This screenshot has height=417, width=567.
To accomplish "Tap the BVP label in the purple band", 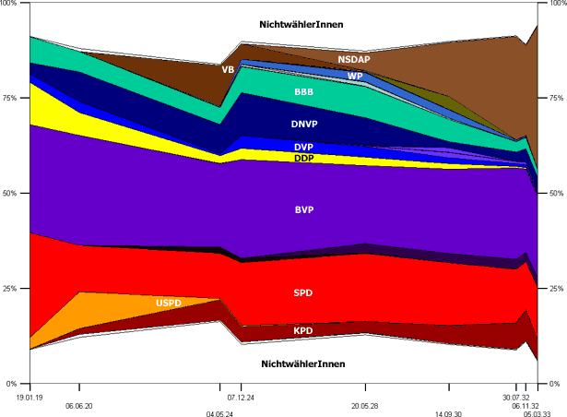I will pos(304,210).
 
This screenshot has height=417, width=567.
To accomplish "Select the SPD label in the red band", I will pos(303,293).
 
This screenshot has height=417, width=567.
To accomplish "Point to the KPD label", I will pos(303,330).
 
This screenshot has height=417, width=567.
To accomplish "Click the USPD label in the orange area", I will pos(169,303).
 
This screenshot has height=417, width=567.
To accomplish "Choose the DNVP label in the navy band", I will pos(303,123).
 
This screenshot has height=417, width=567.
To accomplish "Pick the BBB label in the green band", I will pos(303,92).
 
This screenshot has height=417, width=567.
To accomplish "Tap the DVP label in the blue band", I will pos(303,147).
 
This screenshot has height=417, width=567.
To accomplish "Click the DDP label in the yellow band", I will pos(303,159).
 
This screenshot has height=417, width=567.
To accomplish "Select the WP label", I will pos(354,76).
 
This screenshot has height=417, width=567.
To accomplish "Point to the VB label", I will pos(228,69).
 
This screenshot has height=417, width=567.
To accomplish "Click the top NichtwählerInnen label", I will pos(301,23).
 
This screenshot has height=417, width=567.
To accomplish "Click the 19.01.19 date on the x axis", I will pos(30,396).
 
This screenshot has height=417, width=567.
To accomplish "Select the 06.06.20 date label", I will pos(79,406).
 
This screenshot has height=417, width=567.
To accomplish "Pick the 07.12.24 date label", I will pos(242,396).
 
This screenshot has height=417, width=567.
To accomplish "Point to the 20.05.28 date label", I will pos(366,406).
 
